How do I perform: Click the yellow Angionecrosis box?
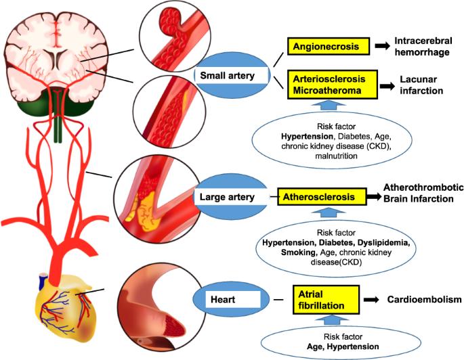click(x=330, y=46)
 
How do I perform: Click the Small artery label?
click(x=226, y=76)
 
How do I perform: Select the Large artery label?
click(x=226, y=197)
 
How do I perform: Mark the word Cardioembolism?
click(x=424, y=298)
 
